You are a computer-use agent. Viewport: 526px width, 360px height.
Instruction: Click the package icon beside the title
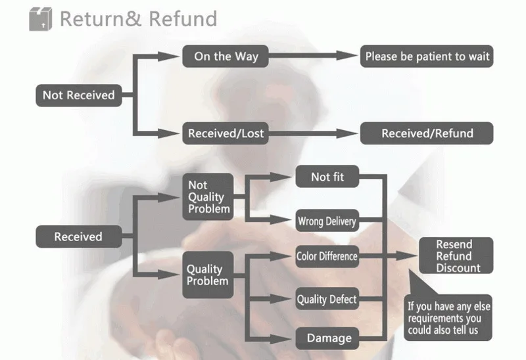point(39,18)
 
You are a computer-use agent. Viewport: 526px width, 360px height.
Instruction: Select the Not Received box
point(78,95)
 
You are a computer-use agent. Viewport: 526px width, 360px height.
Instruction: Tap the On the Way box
point(226,56)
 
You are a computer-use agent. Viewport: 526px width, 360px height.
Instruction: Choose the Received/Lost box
point(226,133)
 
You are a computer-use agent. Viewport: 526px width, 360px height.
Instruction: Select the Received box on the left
point(78,236)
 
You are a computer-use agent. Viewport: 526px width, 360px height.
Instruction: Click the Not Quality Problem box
point(206,197)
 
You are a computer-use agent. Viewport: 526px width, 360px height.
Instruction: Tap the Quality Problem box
point(207,275)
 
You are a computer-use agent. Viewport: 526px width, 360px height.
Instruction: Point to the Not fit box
point(327,177)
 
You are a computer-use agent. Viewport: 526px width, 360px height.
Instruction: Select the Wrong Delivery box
point(327,221)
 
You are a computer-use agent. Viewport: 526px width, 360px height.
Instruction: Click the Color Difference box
point(327,256)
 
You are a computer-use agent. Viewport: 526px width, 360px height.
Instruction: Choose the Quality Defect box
point(327,300)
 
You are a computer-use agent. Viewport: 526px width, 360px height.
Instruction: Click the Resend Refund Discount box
point(454,256)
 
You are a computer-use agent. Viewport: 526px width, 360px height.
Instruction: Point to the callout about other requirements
point(448,317)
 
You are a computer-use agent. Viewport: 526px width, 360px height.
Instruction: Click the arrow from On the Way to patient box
point(309,56)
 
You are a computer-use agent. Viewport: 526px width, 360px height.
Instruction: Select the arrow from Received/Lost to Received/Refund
point(309,133)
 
